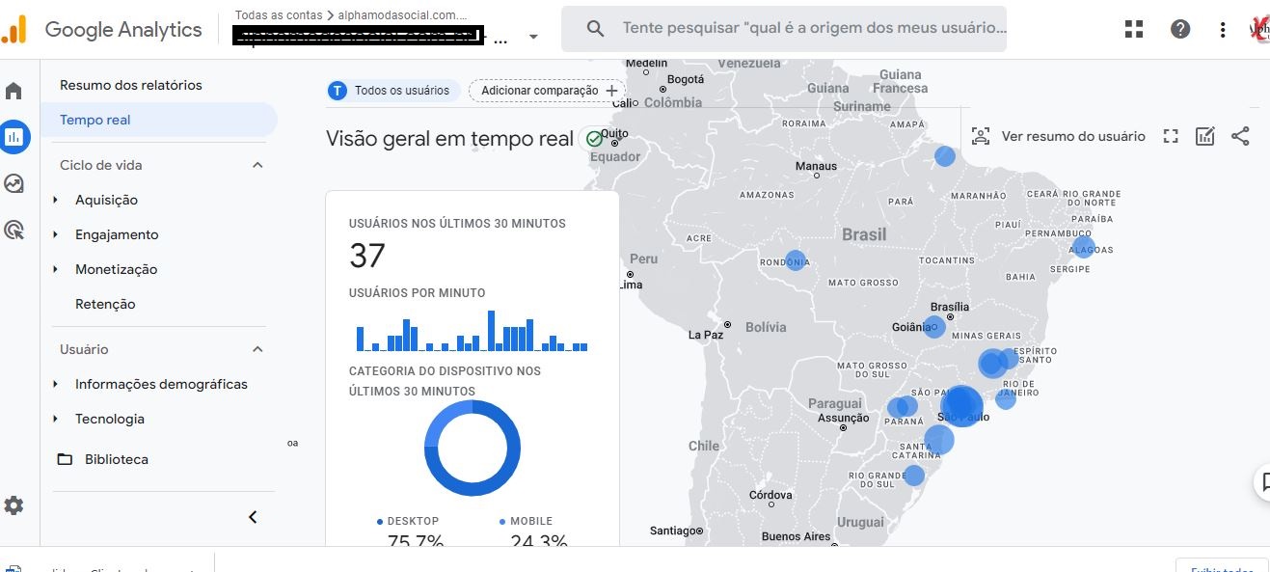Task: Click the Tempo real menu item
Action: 95,120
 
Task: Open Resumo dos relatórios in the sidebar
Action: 131,85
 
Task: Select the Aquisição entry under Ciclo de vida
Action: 106,200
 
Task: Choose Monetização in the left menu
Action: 116,269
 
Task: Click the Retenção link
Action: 105,304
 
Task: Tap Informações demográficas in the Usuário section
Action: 161,384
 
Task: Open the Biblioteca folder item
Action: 116,459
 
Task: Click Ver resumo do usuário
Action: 1059,136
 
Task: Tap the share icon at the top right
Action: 1240,136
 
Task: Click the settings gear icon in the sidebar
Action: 14,505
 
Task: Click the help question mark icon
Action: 1180,29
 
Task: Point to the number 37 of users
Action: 367,256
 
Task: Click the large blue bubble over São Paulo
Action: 961,405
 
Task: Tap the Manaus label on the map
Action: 816,166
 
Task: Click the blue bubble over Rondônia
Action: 796,260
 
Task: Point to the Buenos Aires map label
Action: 796,536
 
